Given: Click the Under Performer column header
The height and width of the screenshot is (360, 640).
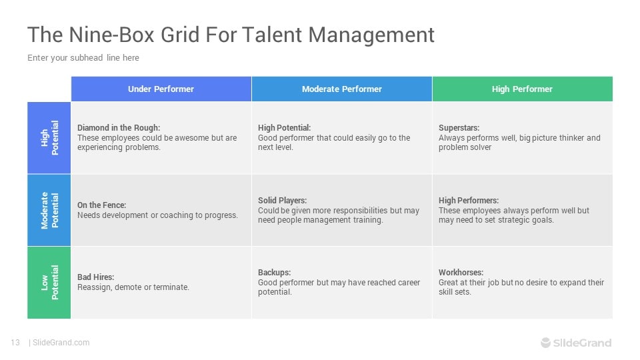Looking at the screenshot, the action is (161, 89).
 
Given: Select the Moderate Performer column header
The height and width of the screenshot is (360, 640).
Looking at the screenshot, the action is (342, 89).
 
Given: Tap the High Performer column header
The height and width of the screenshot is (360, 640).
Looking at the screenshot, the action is (523, 89).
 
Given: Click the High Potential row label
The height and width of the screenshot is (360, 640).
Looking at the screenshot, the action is (49, 138).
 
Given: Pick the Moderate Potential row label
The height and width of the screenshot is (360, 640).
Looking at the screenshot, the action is (49, 210).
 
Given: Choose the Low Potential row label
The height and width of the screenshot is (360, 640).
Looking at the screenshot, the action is (49, 283).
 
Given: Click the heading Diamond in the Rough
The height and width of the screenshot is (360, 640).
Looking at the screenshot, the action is (119, 128).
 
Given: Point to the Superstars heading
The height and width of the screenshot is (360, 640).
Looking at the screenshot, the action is (459, 128).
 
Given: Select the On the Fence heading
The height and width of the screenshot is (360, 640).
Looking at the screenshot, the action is (101, 205).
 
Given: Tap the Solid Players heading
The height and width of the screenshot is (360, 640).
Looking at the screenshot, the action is (282, 201).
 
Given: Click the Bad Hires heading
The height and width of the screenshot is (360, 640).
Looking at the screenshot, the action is (95, 277).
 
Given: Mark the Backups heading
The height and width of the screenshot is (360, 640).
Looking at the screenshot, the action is (274, 272).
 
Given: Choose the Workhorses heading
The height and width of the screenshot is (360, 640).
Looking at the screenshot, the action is (461, 272).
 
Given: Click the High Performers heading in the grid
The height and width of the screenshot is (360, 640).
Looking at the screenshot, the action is (469, 201).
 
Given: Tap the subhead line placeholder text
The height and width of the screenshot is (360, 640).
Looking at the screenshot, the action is (83, 57).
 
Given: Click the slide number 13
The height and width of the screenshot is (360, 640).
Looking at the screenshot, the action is (15, 343).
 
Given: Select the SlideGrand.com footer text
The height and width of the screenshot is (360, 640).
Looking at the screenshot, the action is (61, 343).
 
